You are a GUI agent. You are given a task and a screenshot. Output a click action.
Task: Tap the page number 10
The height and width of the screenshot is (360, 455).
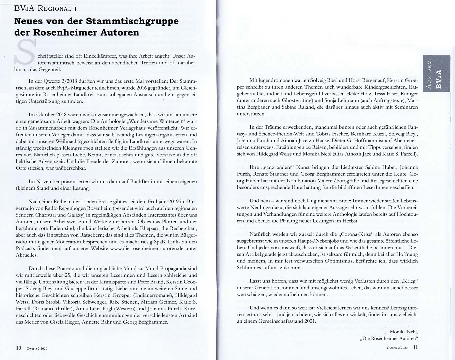click(x=19, y=348)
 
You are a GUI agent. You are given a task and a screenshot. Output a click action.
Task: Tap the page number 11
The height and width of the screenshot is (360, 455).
click(x=415, y=347)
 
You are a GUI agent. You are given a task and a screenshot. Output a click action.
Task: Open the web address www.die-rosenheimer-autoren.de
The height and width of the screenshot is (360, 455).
click(x=147, y=248)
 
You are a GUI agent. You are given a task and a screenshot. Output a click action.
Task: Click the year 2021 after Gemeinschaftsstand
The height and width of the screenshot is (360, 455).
click(x=309, y=321)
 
